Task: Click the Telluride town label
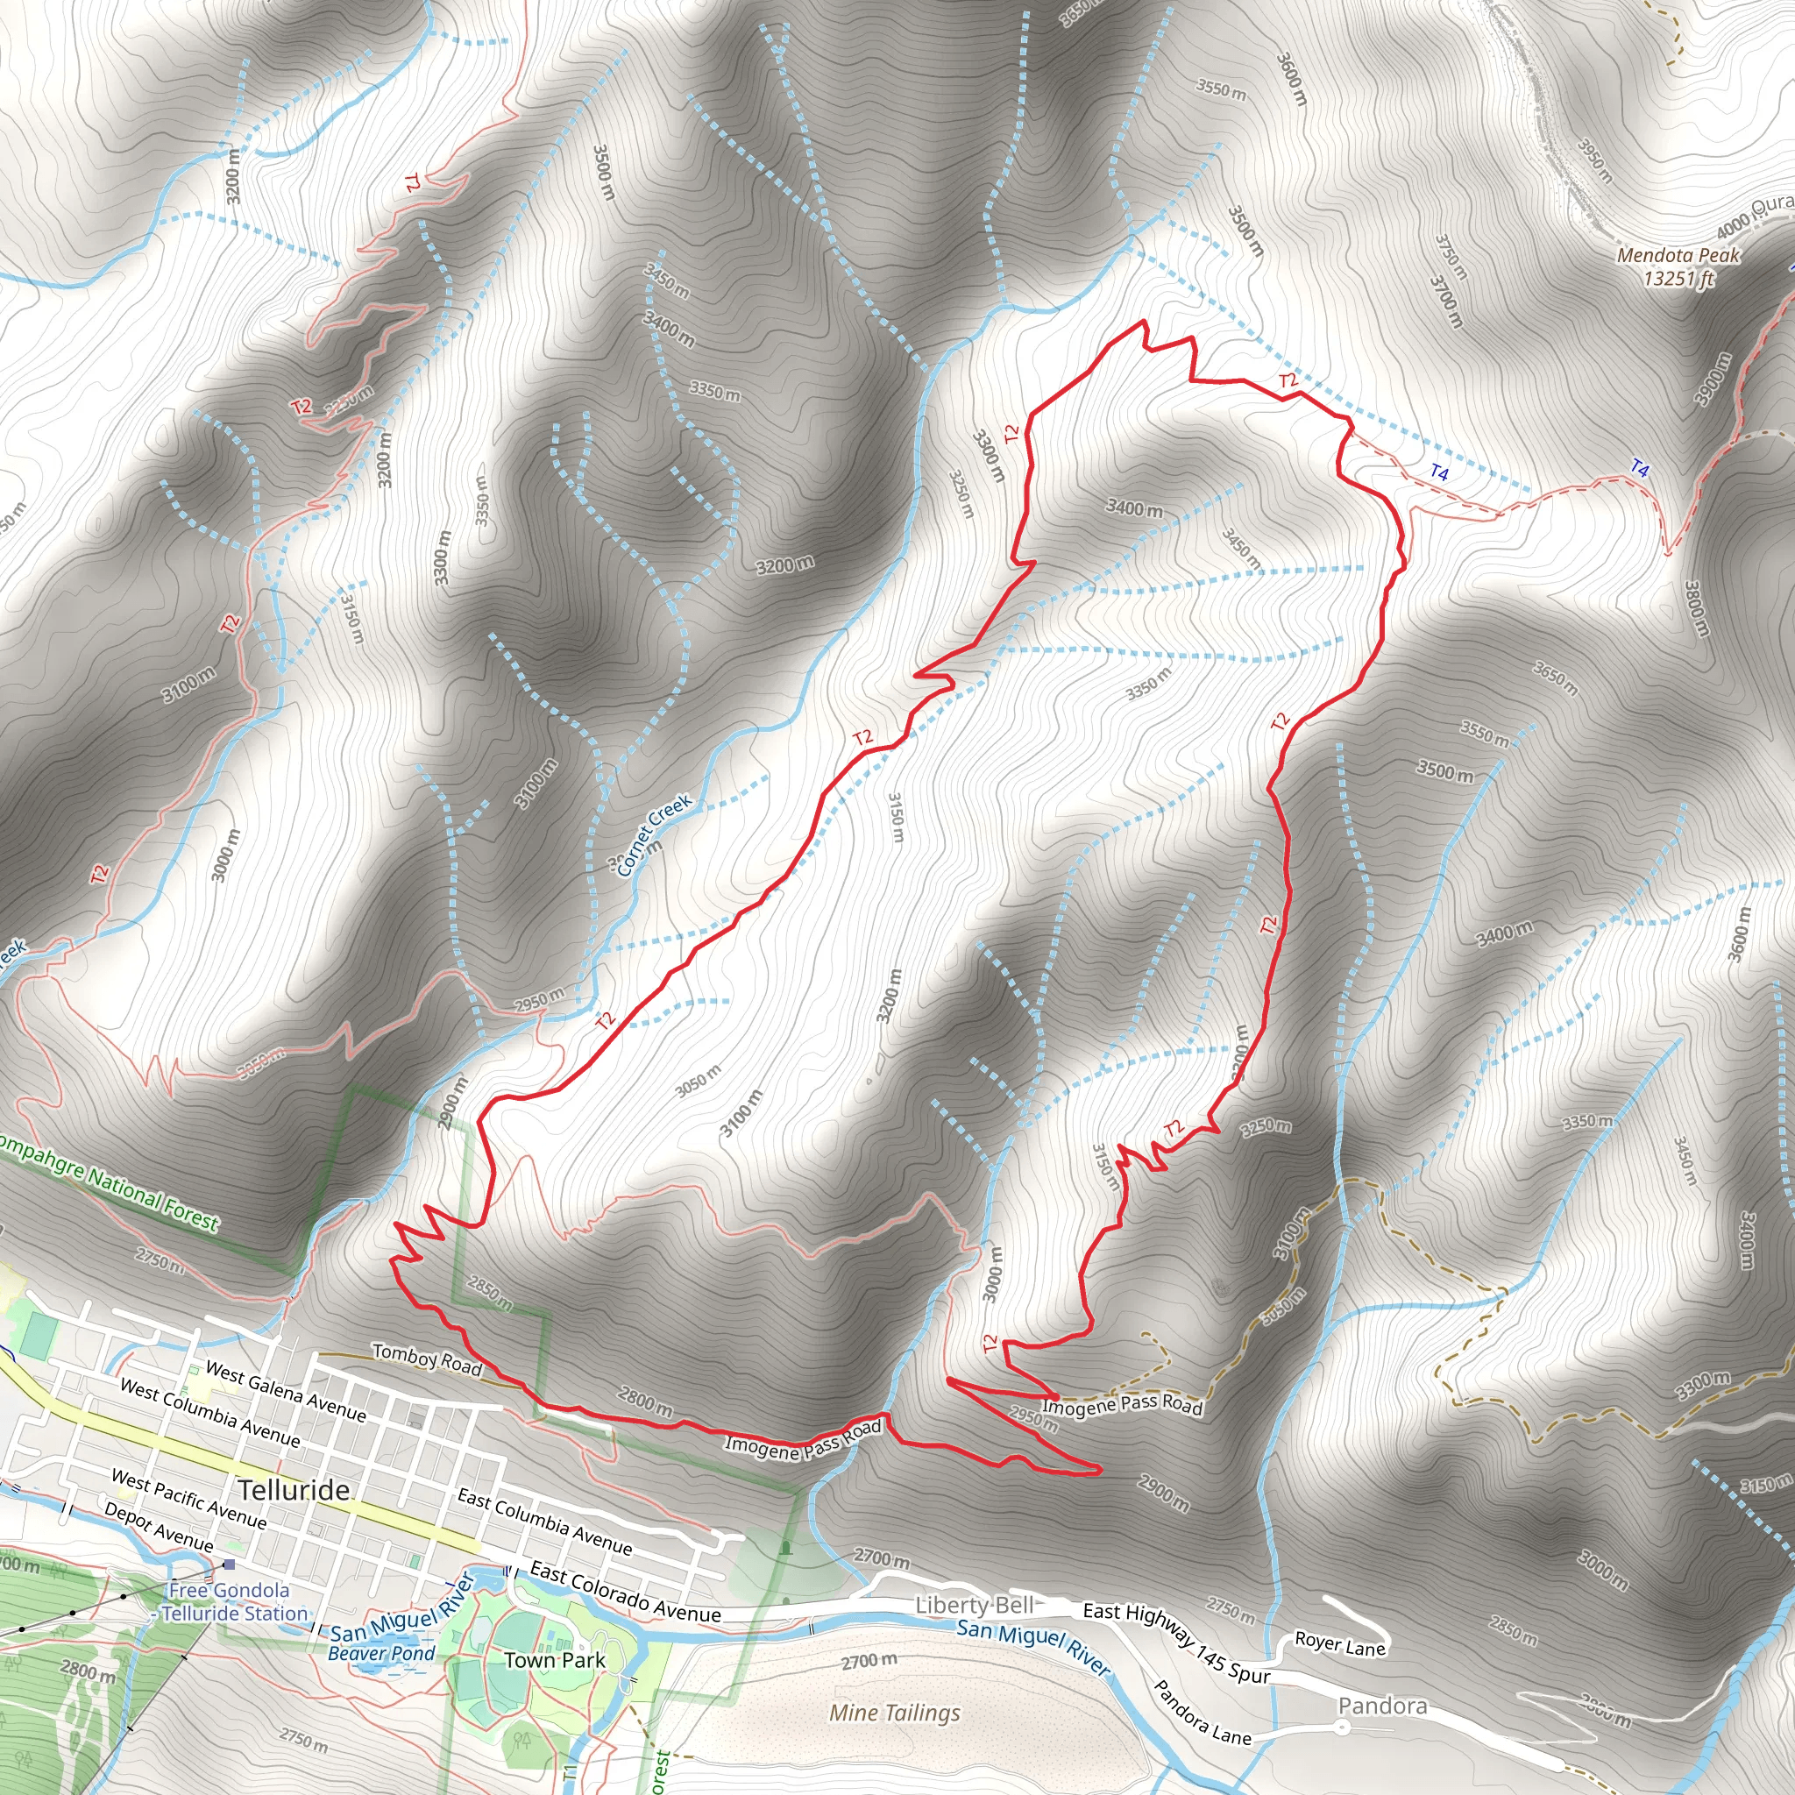pyautogui.click(x=294, y=1490)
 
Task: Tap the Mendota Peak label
pyautogui.click(x=1678, y=254)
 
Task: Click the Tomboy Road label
pyautogui.click(x=428, y=1360)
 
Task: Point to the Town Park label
pyautogui.click(x=555, y=1659)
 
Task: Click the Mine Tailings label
pyautogui.click(x=895, y=1713)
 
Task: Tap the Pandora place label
pyautogui.click(x=1382, y=1706)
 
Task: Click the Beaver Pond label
pyautogui.click(x=381, y=1654)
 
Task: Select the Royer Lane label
pyautogui.click(x=1340, y=1644)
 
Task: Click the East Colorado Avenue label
pyautogui.click(x=624, y=1593)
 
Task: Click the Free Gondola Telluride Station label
pyautogui.click(x=232, y=1602)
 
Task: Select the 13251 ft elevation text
pyautogui.click(x=1678, y=278)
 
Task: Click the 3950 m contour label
pyautogui.click(x=1596, y=160)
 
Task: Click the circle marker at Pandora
pyautogui.click(x=1343, y=1727)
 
